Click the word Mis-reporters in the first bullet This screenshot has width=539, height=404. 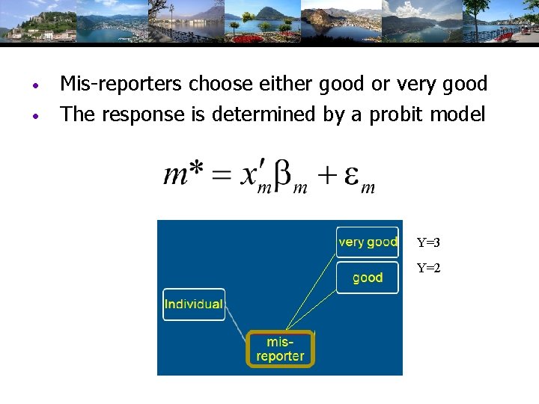pyautogui.click(x=121, y=85)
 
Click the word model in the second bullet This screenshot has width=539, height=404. pyautogui.click(x=460, y=114)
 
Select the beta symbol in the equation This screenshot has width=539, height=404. pyautogui.click(x=284, y=176)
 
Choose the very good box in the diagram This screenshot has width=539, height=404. pyautogui.click(x=367, y=242)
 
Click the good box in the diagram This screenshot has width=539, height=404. pyautogui.click(x=367, y=278)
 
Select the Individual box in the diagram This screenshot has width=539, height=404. pyautogui.click(x=193, y=304)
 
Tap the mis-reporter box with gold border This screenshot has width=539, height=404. pyautogui.click(x=280, y=349)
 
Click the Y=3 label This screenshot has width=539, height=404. pyautogui.click(x=429, y=242)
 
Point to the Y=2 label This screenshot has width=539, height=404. pyautogui.click(x=429, y=268)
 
